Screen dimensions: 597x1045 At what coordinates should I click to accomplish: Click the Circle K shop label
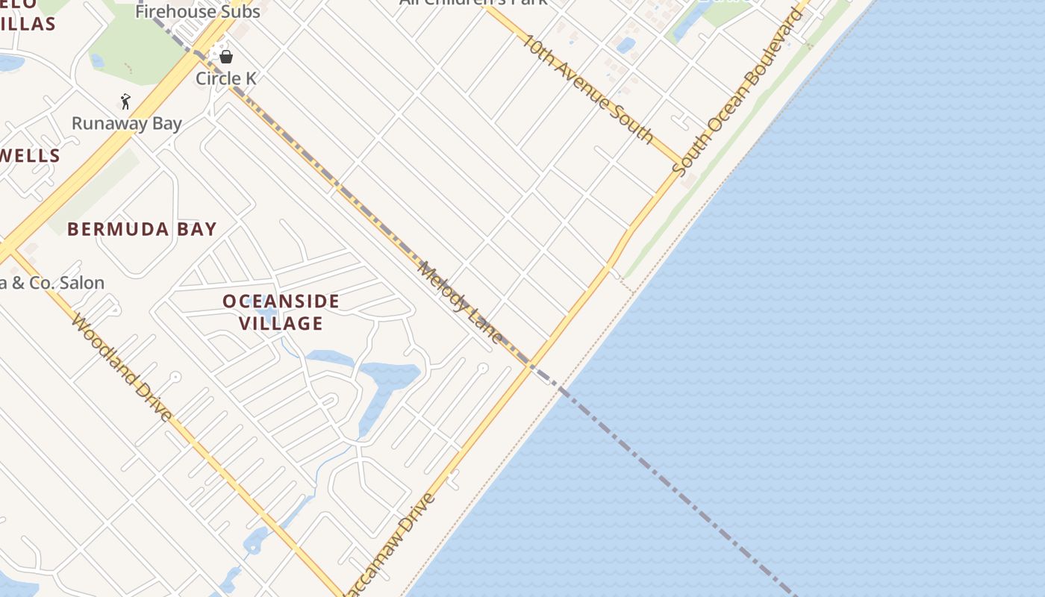click(225, 78)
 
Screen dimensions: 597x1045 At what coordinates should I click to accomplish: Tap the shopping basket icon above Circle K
click(225, 57)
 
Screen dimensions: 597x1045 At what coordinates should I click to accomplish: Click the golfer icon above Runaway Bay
click(125, 101)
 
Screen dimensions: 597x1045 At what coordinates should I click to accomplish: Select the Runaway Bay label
click(127, 123)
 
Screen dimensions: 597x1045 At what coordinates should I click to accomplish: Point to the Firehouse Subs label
click(198, 11)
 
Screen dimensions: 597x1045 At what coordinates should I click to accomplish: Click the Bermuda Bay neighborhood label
click(142, 229)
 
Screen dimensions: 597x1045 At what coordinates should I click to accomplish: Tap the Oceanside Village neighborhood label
click(281, 312)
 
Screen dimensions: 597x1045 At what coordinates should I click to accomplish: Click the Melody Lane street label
click(461, 302)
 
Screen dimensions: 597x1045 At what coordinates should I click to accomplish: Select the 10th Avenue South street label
click(588, 88)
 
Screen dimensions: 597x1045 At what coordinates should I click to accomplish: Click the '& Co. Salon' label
click(52, 283)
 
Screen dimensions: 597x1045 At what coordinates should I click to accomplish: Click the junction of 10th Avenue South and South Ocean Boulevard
click(681, 163)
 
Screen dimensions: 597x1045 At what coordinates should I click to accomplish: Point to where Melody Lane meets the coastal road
click(531, 366)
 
